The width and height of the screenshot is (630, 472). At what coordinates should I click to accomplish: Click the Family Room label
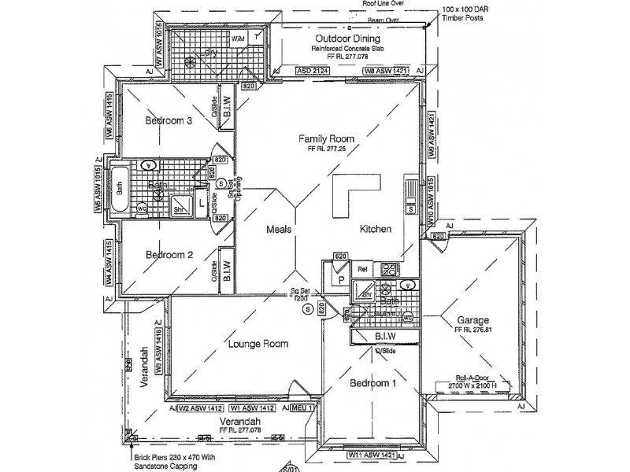pyautogui.click(x=324, y=138)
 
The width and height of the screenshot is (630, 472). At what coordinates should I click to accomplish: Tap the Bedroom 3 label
pyautogui.click(x=168, y=120)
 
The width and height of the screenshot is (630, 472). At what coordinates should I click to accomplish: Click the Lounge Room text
pyautogui.click(x=258, y=344)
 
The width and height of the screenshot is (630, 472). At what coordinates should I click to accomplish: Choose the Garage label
pyautogui.click(x=472, y=320)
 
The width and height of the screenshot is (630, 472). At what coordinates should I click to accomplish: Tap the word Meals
pyautogui.click(x=279, y=230)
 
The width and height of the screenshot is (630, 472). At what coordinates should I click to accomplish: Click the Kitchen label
pyautogui.click(x=376, y=230)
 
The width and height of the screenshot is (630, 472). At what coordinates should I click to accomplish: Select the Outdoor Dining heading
pyautogui.click(x=347, y=38)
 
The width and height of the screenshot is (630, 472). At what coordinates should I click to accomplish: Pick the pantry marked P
pyautogui.click(x=342, y=279)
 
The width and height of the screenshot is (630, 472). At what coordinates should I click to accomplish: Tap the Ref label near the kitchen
pyautogui.click(x=362, y=269)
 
